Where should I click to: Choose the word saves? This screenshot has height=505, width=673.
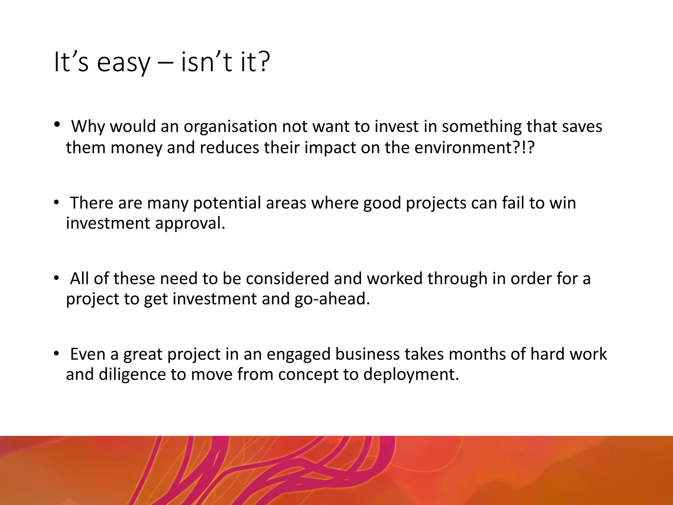[582, 127]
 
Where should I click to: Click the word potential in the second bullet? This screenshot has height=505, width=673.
[227, 203]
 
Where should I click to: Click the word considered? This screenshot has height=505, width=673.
[287, 278]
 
